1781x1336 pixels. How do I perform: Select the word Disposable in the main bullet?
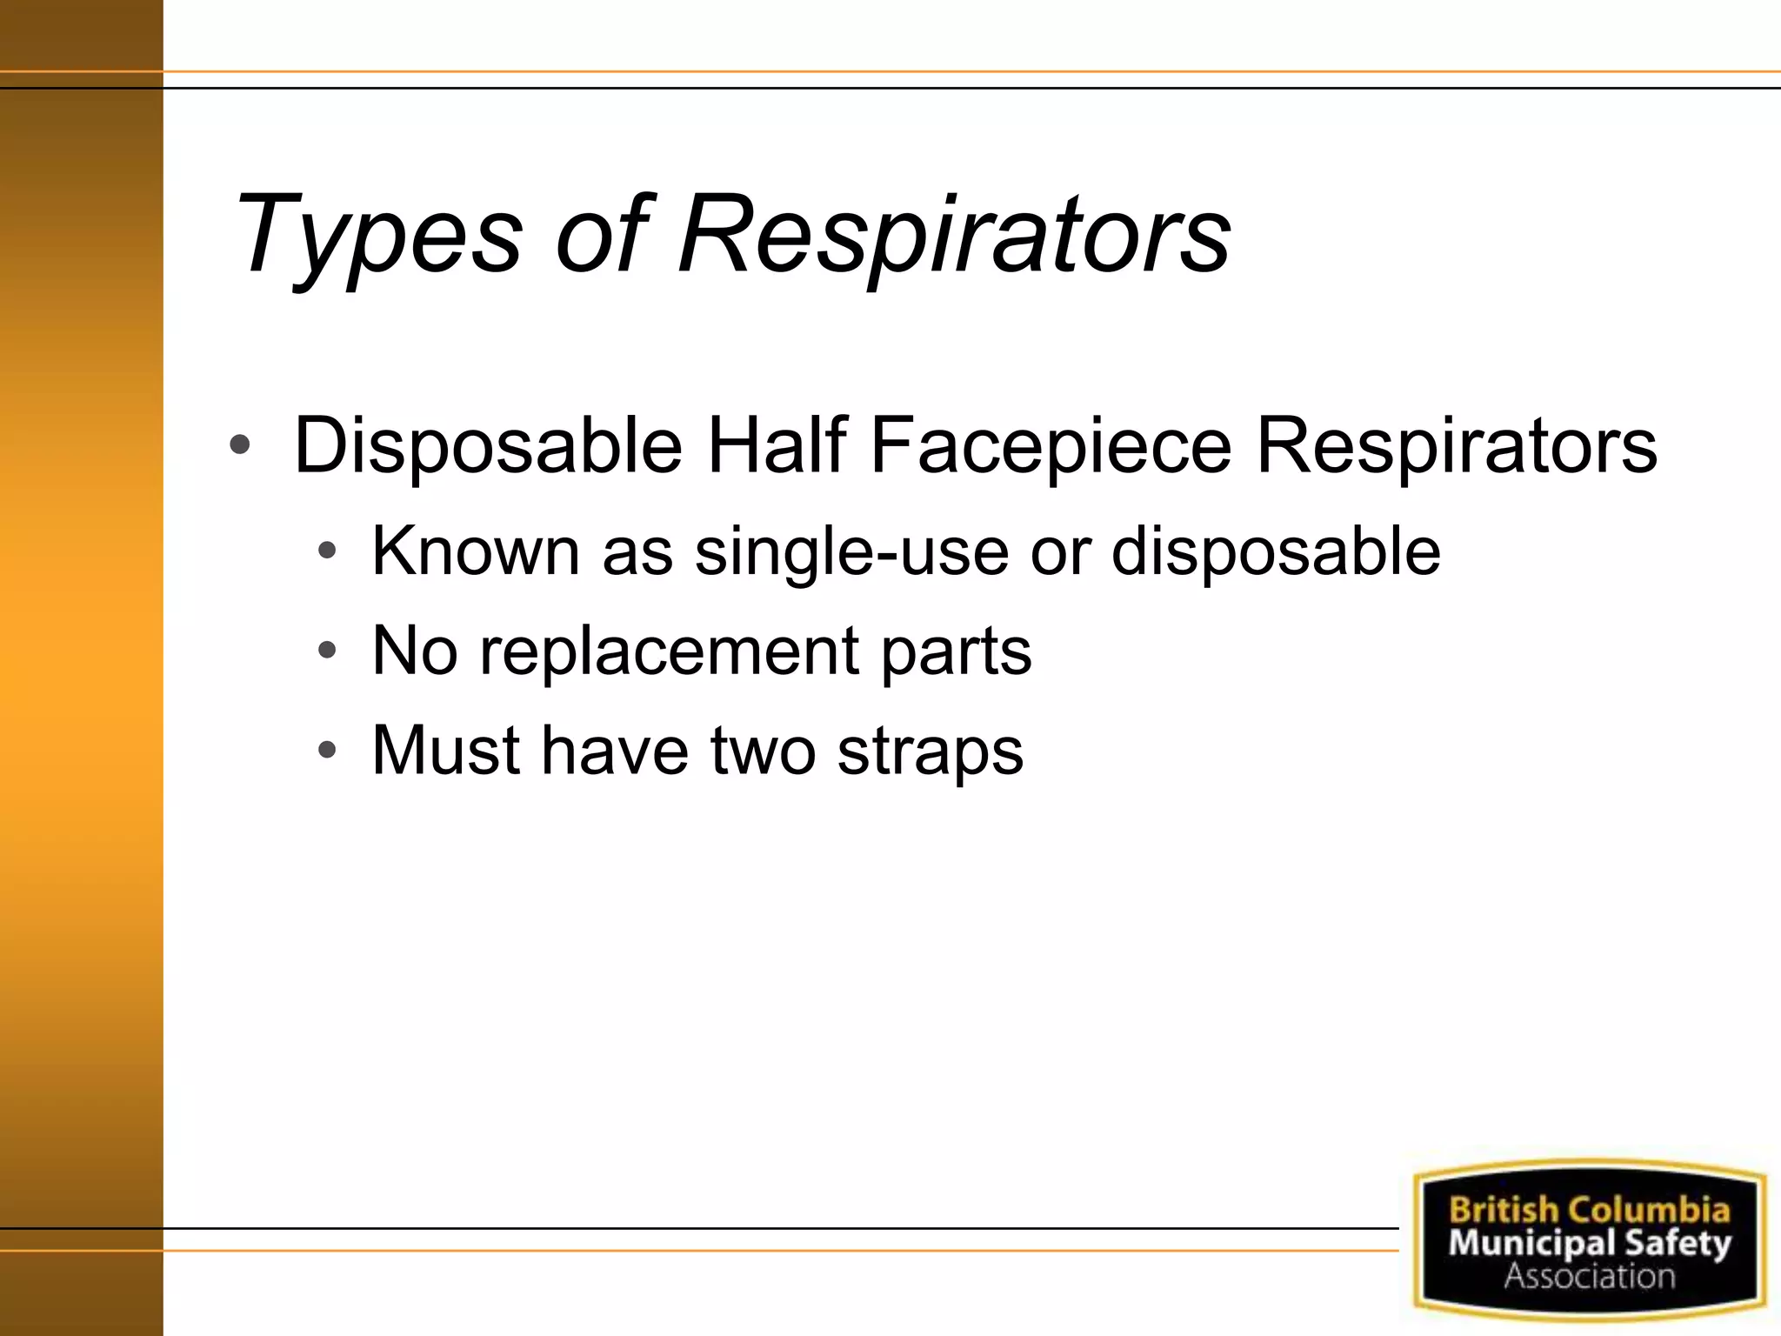coord(488,445)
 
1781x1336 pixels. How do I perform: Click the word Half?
coord(776,445)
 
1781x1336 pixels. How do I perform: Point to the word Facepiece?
coord(1051,445)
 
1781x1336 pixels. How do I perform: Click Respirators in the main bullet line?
coord(1457,445)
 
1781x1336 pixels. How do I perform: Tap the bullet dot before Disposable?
coord(240,446)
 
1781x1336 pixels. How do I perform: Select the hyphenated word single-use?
coord(850,551)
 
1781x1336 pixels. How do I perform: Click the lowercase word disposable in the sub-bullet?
coord(1275,551)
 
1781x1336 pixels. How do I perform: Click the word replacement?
coord(669,651)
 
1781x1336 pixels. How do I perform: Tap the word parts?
coord(956,651)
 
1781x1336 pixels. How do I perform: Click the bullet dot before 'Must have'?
coord(327,750)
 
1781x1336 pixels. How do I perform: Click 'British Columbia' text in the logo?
coord(1589,1210)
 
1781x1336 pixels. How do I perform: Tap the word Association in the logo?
coord(1589,1276)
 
